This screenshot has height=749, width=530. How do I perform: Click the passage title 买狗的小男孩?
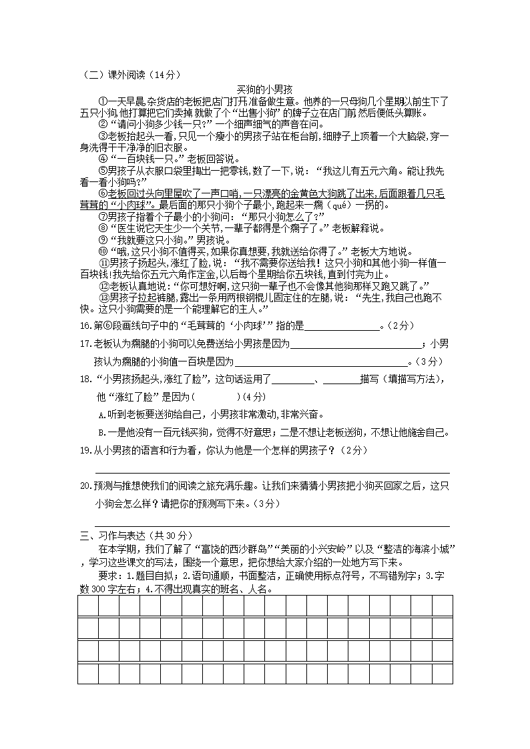(x=264, y=89)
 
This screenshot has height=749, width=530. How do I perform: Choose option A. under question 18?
(x=101, y=414)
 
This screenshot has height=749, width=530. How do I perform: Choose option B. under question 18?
(x=101, y=432)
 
